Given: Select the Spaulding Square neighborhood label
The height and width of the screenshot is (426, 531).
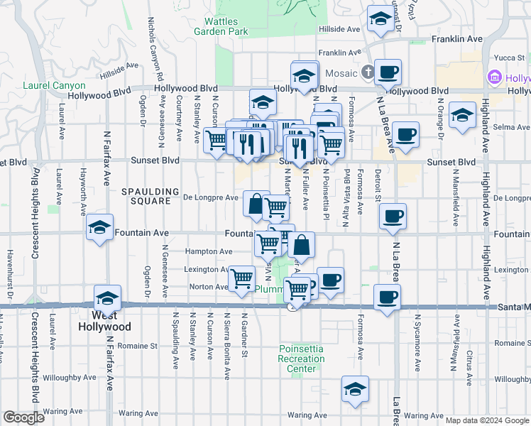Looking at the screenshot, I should click(x=146, y=196).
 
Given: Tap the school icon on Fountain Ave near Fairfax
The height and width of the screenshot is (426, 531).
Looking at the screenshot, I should click(x=100, y=229).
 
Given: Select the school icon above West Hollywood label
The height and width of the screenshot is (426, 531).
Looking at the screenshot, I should click(x=107, y=299).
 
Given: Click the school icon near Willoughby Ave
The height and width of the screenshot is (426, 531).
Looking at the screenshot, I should click(x=355, y=390).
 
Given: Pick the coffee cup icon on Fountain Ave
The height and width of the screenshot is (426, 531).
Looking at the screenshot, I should click(x=393, y=217).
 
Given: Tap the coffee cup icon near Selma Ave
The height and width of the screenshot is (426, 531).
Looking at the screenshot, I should click(x=405, y=135).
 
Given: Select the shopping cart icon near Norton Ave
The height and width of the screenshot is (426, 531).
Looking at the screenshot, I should click(x=241, y=280).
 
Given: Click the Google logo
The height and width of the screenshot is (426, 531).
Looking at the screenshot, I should click(x=23, y=417).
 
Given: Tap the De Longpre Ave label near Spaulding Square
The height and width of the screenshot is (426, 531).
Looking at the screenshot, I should click(x=211, y=197).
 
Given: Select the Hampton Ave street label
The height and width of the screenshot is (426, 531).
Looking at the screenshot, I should click(x=209, y=251).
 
